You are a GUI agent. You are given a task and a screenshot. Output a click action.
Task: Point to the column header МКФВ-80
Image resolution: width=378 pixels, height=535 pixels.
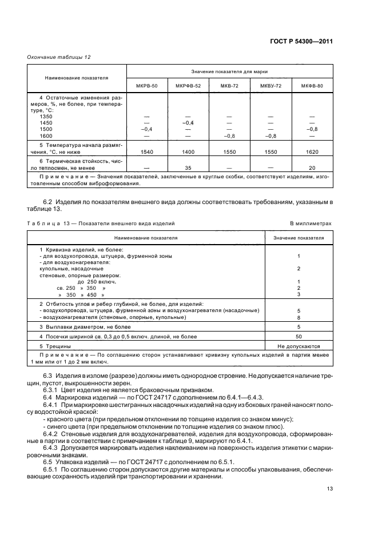[312, 85]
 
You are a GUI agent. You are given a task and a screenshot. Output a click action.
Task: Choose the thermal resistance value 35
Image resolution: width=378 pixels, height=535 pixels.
[187, 167]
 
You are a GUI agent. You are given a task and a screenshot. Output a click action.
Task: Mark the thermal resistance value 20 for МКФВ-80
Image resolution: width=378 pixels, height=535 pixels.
[312, 167]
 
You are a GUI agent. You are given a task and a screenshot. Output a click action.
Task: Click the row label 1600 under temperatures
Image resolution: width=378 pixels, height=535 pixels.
[46, 135]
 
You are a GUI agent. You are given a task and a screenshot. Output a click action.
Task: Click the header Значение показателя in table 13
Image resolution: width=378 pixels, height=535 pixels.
[299, 237]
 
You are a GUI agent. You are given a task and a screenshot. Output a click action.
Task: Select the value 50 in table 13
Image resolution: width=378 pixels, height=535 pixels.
[299, 337]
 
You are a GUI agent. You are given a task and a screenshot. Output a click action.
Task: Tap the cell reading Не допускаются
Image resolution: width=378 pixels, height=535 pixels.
[299, 346]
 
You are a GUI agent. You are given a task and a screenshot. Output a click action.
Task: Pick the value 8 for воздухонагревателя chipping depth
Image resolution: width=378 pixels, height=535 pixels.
[299, 317]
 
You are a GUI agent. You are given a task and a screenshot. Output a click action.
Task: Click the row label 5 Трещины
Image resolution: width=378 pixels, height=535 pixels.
[55, 346]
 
